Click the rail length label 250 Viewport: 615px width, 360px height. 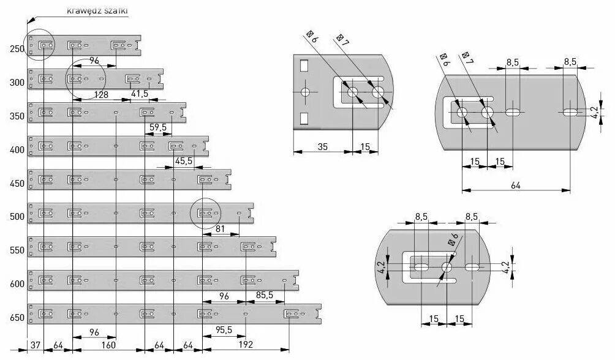click(17, 49)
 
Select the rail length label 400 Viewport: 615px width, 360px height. click(17, 150)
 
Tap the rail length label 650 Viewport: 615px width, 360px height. click(17, 317)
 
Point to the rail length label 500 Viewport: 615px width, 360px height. click(17, 217)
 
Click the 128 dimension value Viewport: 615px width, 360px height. click(102, 95)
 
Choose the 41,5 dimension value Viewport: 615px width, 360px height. click(140, 94)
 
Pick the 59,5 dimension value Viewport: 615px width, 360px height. click(158, 127)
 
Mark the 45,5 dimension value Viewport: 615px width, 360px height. click(183, 161)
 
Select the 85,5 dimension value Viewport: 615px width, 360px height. click(265, 295)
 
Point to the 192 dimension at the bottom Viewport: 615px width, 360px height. click(245, 345)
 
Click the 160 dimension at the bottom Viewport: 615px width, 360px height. click(108, 345)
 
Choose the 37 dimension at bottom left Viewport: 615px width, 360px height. click(35, 345)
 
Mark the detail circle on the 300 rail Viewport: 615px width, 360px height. click(85, 79)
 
